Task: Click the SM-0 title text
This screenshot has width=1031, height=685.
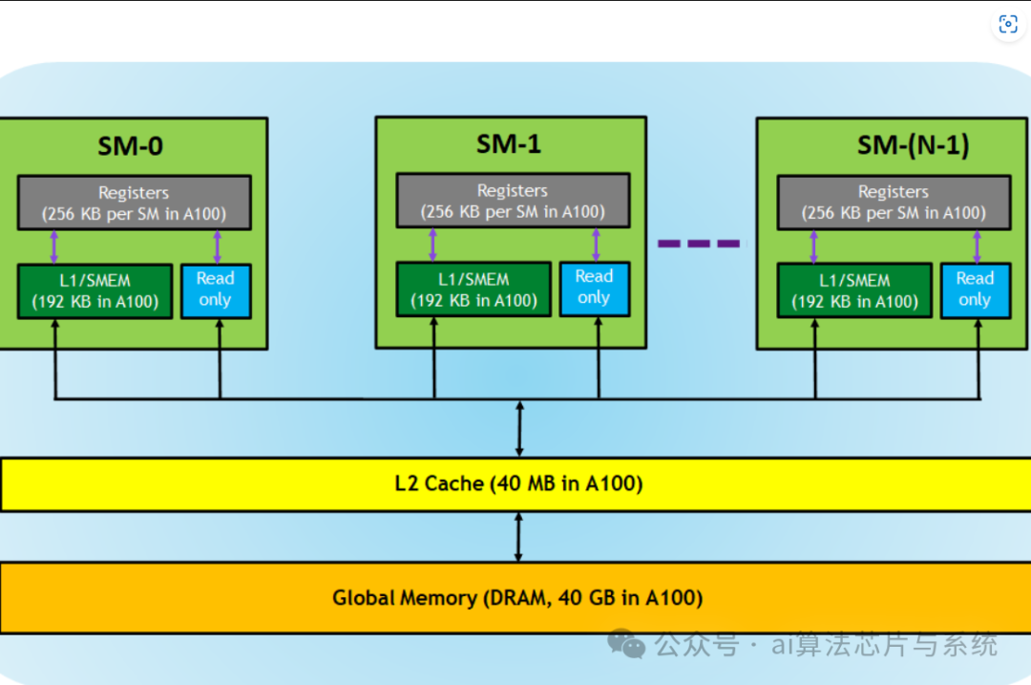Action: click(130, 146)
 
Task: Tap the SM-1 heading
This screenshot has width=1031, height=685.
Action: click(509, 144)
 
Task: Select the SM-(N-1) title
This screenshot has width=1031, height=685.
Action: click(914, 145)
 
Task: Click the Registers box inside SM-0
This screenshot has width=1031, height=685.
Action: click(135, 203)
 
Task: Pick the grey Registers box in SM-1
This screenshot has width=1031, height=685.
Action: click(513, 201)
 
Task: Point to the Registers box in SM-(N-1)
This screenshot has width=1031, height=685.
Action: click(894, 203)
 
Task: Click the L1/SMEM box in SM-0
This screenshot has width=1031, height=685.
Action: click(95, 291)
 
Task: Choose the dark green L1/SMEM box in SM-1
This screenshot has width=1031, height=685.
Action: click(474, 289)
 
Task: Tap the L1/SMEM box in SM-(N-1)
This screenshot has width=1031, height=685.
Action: click(854, 290)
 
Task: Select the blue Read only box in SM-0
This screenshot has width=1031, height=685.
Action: click(216, 291)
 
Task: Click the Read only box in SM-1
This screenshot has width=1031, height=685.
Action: click(595, 289)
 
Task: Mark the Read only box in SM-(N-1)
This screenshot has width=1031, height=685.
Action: click(975, 290)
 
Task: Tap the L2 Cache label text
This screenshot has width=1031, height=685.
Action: click(518, 483)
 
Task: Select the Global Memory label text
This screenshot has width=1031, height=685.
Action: click(517, 598)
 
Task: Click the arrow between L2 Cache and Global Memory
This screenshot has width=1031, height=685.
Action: click(518, 537)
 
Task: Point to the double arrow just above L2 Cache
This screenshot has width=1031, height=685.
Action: click(519, 429)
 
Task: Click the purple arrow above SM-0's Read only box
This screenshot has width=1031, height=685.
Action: click(218, 246)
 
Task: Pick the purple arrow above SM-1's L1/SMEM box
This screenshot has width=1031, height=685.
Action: click(432, 245)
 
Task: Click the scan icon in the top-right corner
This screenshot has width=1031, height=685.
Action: click(1008, 24)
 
